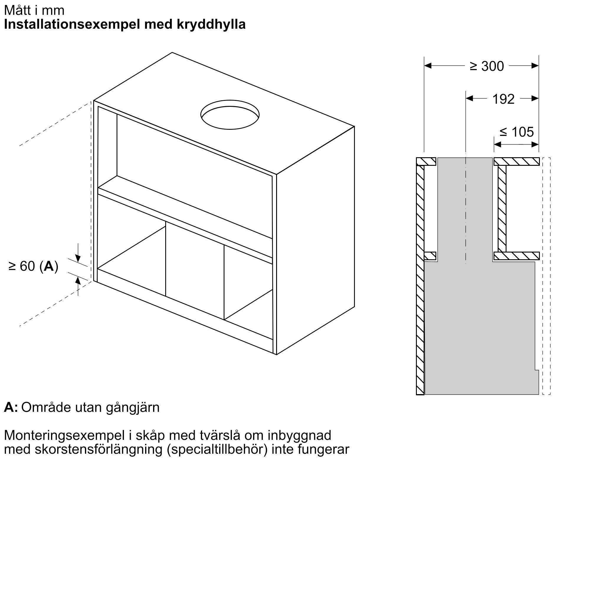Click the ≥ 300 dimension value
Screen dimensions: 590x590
pos(487,66)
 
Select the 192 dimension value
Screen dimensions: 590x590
pos(504,99)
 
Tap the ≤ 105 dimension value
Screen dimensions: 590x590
pos(517,132)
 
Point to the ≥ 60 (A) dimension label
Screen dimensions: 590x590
pos(33,266)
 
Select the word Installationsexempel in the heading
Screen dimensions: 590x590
pos(72,24)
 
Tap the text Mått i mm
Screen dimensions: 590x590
pos(34,10)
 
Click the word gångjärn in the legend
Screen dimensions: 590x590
pos(133,408)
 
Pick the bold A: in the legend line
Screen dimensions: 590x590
pos(11,408)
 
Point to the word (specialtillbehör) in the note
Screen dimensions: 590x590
pos(217,450)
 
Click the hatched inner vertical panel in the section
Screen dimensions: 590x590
pos(502,209)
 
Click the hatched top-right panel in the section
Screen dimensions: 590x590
pos(517,161)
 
